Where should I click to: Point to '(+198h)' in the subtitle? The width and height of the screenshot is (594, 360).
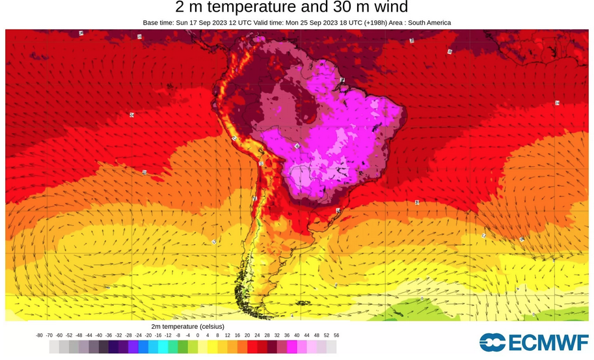pos(369,23)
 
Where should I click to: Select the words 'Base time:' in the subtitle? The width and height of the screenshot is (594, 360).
pos(158,23)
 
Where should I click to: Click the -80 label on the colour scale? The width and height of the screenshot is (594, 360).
pos(39,335)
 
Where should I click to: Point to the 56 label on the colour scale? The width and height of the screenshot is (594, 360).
pos(336,335)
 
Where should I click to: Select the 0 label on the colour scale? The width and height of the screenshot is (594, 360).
pos(197,335)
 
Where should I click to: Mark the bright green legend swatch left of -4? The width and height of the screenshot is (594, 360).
pos(183,347)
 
